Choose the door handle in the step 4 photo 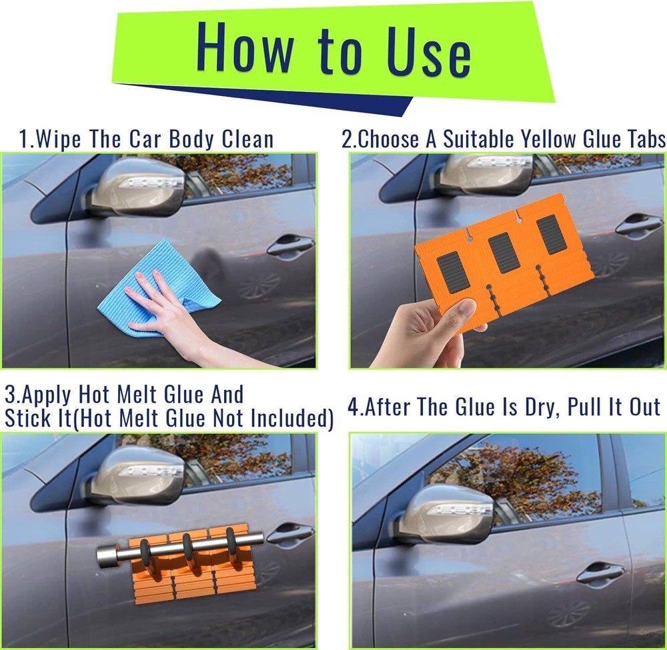(600, 573)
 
